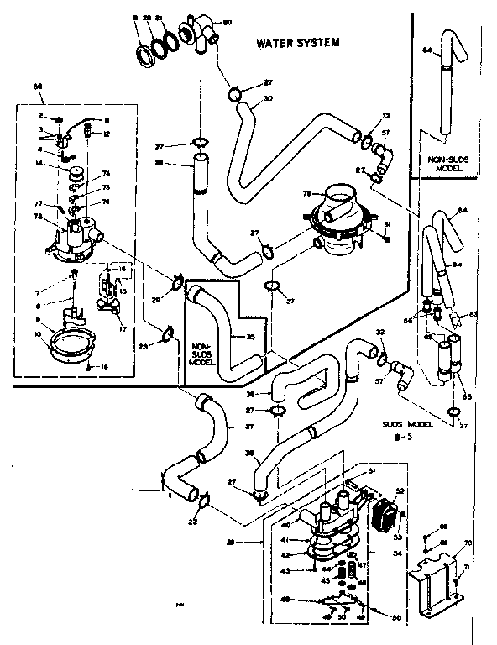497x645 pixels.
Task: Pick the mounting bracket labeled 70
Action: (x=432, y=578)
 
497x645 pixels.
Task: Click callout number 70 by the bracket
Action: (x=468, y=544)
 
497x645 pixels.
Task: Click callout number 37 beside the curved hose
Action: (x=248, y=425)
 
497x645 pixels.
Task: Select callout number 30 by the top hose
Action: (x=268, y=98)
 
